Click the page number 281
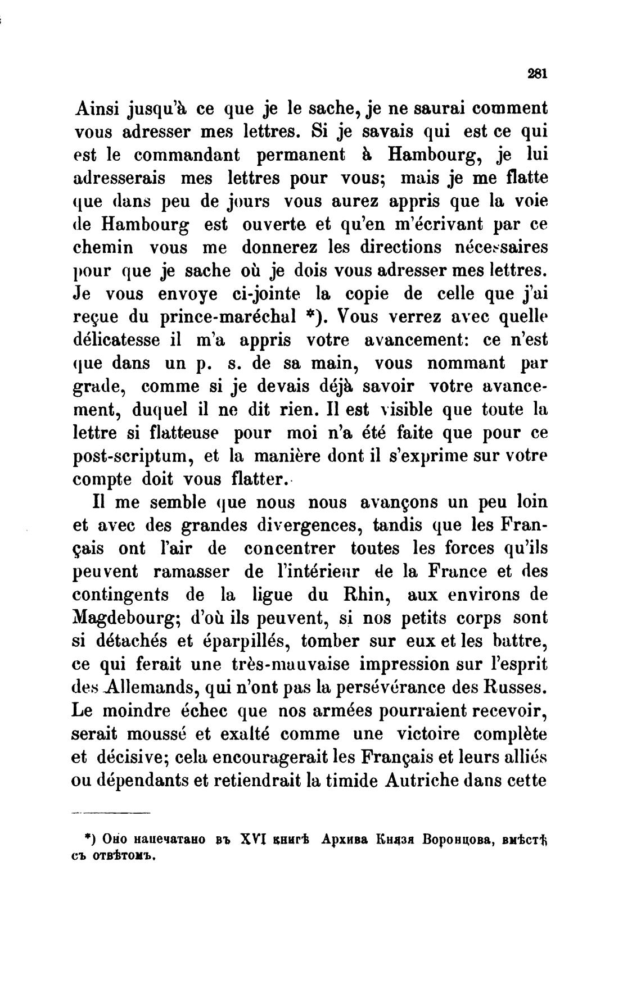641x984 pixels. [538, 74]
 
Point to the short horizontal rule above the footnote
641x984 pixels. [111, 814]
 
